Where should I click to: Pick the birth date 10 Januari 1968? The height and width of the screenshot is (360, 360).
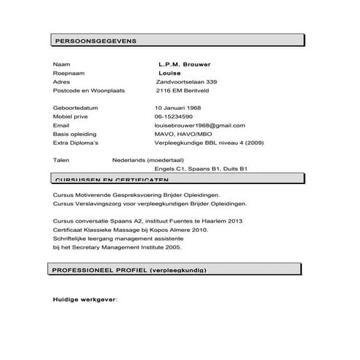(177, 108)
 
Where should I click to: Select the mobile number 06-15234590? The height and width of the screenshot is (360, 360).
(173, 116)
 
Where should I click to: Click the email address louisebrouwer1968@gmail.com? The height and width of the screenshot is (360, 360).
(195, 125)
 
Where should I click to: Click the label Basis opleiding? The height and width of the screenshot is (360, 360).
(75, 134)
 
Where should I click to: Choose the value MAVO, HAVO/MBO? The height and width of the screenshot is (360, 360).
(183, 134)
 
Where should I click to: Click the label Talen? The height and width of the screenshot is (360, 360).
(62, 159)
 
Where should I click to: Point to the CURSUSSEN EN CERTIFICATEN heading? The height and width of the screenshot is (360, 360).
(106, 179)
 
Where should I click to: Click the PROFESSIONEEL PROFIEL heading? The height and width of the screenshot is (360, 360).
(129, 270)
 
